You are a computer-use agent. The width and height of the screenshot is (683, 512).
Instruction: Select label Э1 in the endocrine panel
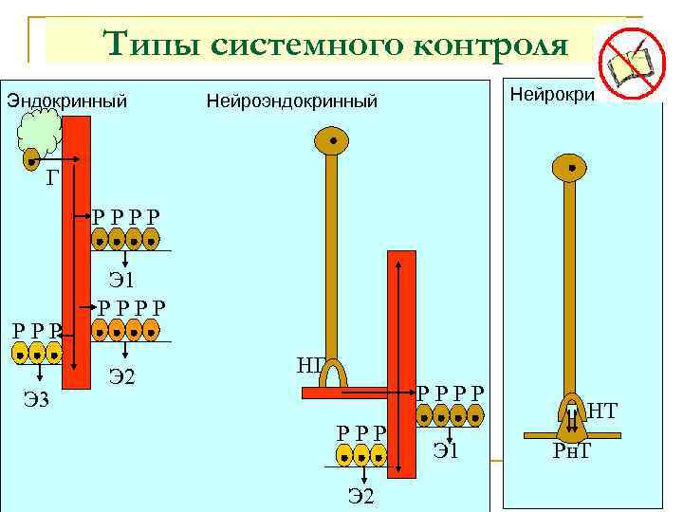coord(122,280)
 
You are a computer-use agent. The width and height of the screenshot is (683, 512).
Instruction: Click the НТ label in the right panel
coord(603,411)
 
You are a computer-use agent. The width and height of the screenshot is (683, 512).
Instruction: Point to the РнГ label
coord(572,448)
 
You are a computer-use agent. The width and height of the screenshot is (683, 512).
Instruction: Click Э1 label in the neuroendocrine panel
coord(446,450)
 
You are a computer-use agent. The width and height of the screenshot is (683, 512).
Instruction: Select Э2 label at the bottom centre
coord(361,495)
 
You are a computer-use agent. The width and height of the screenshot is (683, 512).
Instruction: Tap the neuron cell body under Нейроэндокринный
coord(332,142)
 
